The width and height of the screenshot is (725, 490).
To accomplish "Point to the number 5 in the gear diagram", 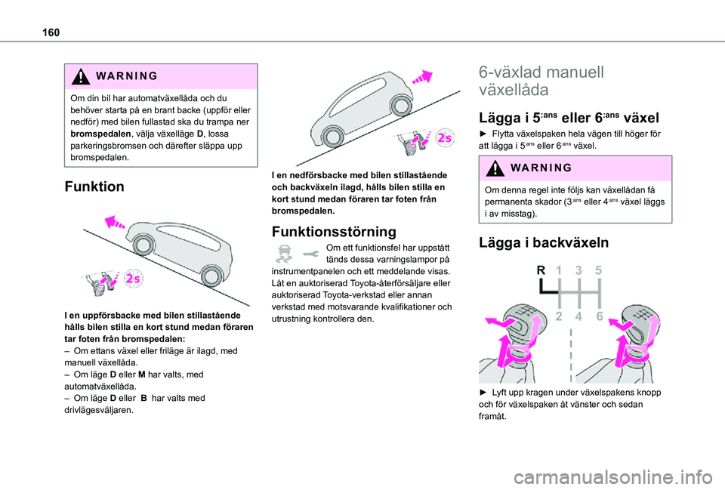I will (x=599, y=270).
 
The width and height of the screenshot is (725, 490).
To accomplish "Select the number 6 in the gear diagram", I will (x=599, y=317).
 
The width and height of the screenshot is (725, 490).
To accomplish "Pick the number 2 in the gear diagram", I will (x=560, y=317).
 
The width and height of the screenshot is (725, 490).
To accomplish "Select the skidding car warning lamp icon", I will (x=284, y=254).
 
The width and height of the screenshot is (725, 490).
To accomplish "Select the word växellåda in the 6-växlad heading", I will (x=513, y=90).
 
